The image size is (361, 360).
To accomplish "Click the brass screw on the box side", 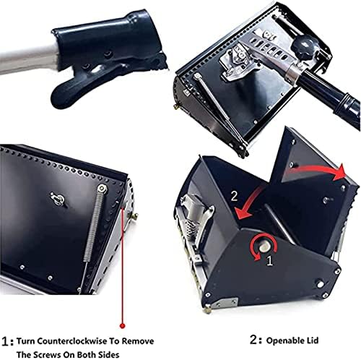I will tap(133, 215).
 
